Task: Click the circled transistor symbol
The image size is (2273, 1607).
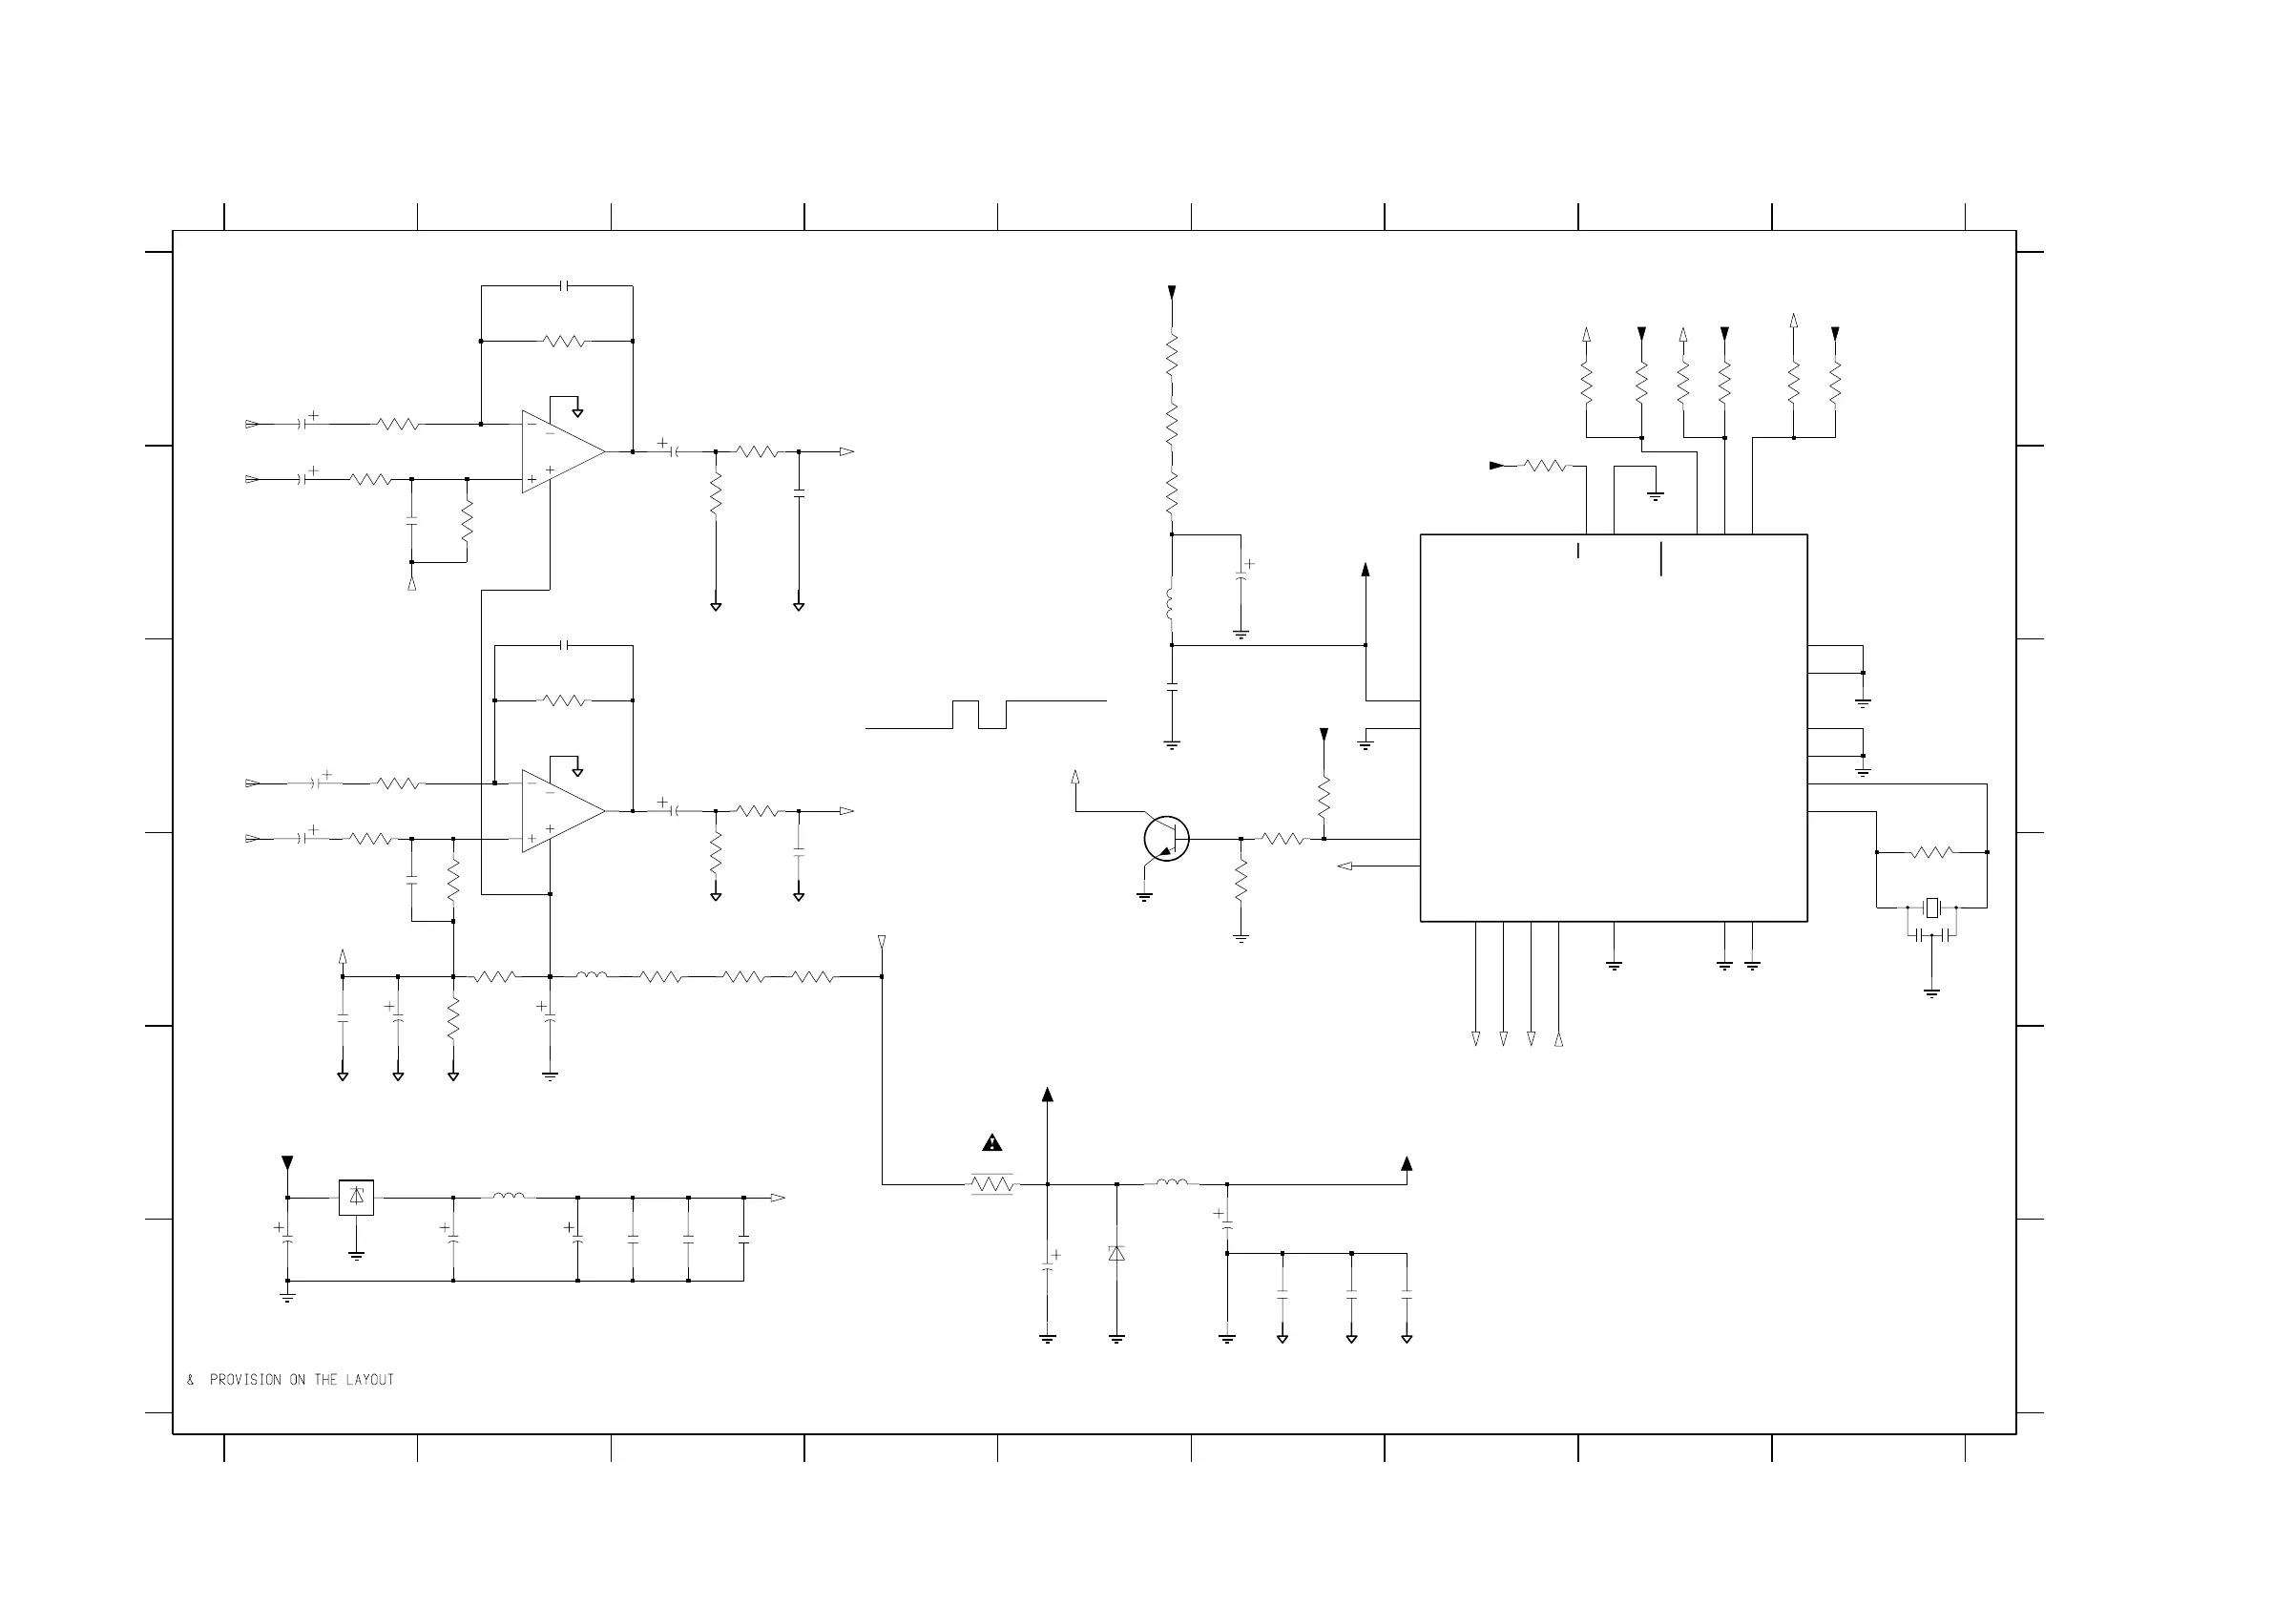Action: [x=1166, y=839]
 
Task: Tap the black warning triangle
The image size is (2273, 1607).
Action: [x=992, y=1143]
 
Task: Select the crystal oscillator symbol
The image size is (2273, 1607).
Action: [x=1931, y=907]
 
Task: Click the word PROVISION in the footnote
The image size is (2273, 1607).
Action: [x=245, y=1380]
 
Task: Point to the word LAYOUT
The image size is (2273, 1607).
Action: [x=369, y=1380]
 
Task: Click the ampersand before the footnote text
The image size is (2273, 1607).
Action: [x=190, y=1380]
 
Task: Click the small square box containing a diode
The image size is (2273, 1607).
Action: [x=356, y=1197]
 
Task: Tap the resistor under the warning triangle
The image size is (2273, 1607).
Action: [x=992, y=1184]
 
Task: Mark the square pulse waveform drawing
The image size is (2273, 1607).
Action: [x=980, y=714]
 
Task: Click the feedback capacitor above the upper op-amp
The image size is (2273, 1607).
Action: [x=564, y=286]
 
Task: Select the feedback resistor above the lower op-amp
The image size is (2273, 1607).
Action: [x=564, y=700]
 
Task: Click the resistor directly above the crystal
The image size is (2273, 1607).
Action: [x=1931, y=851]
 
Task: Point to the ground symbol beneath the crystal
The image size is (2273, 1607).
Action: [x=1931, y=992]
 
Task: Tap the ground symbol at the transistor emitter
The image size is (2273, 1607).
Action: [x=1144, y=897]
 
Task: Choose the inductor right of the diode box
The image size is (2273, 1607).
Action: [x=509, y=1196]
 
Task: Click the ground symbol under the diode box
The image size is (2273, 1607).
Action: [x=356, y=1256]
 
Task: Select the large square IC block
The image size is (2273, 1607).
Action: [x=1614, y=728]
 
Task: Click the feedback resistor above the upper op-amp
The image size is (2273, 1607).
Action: [x=564, y=341]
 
